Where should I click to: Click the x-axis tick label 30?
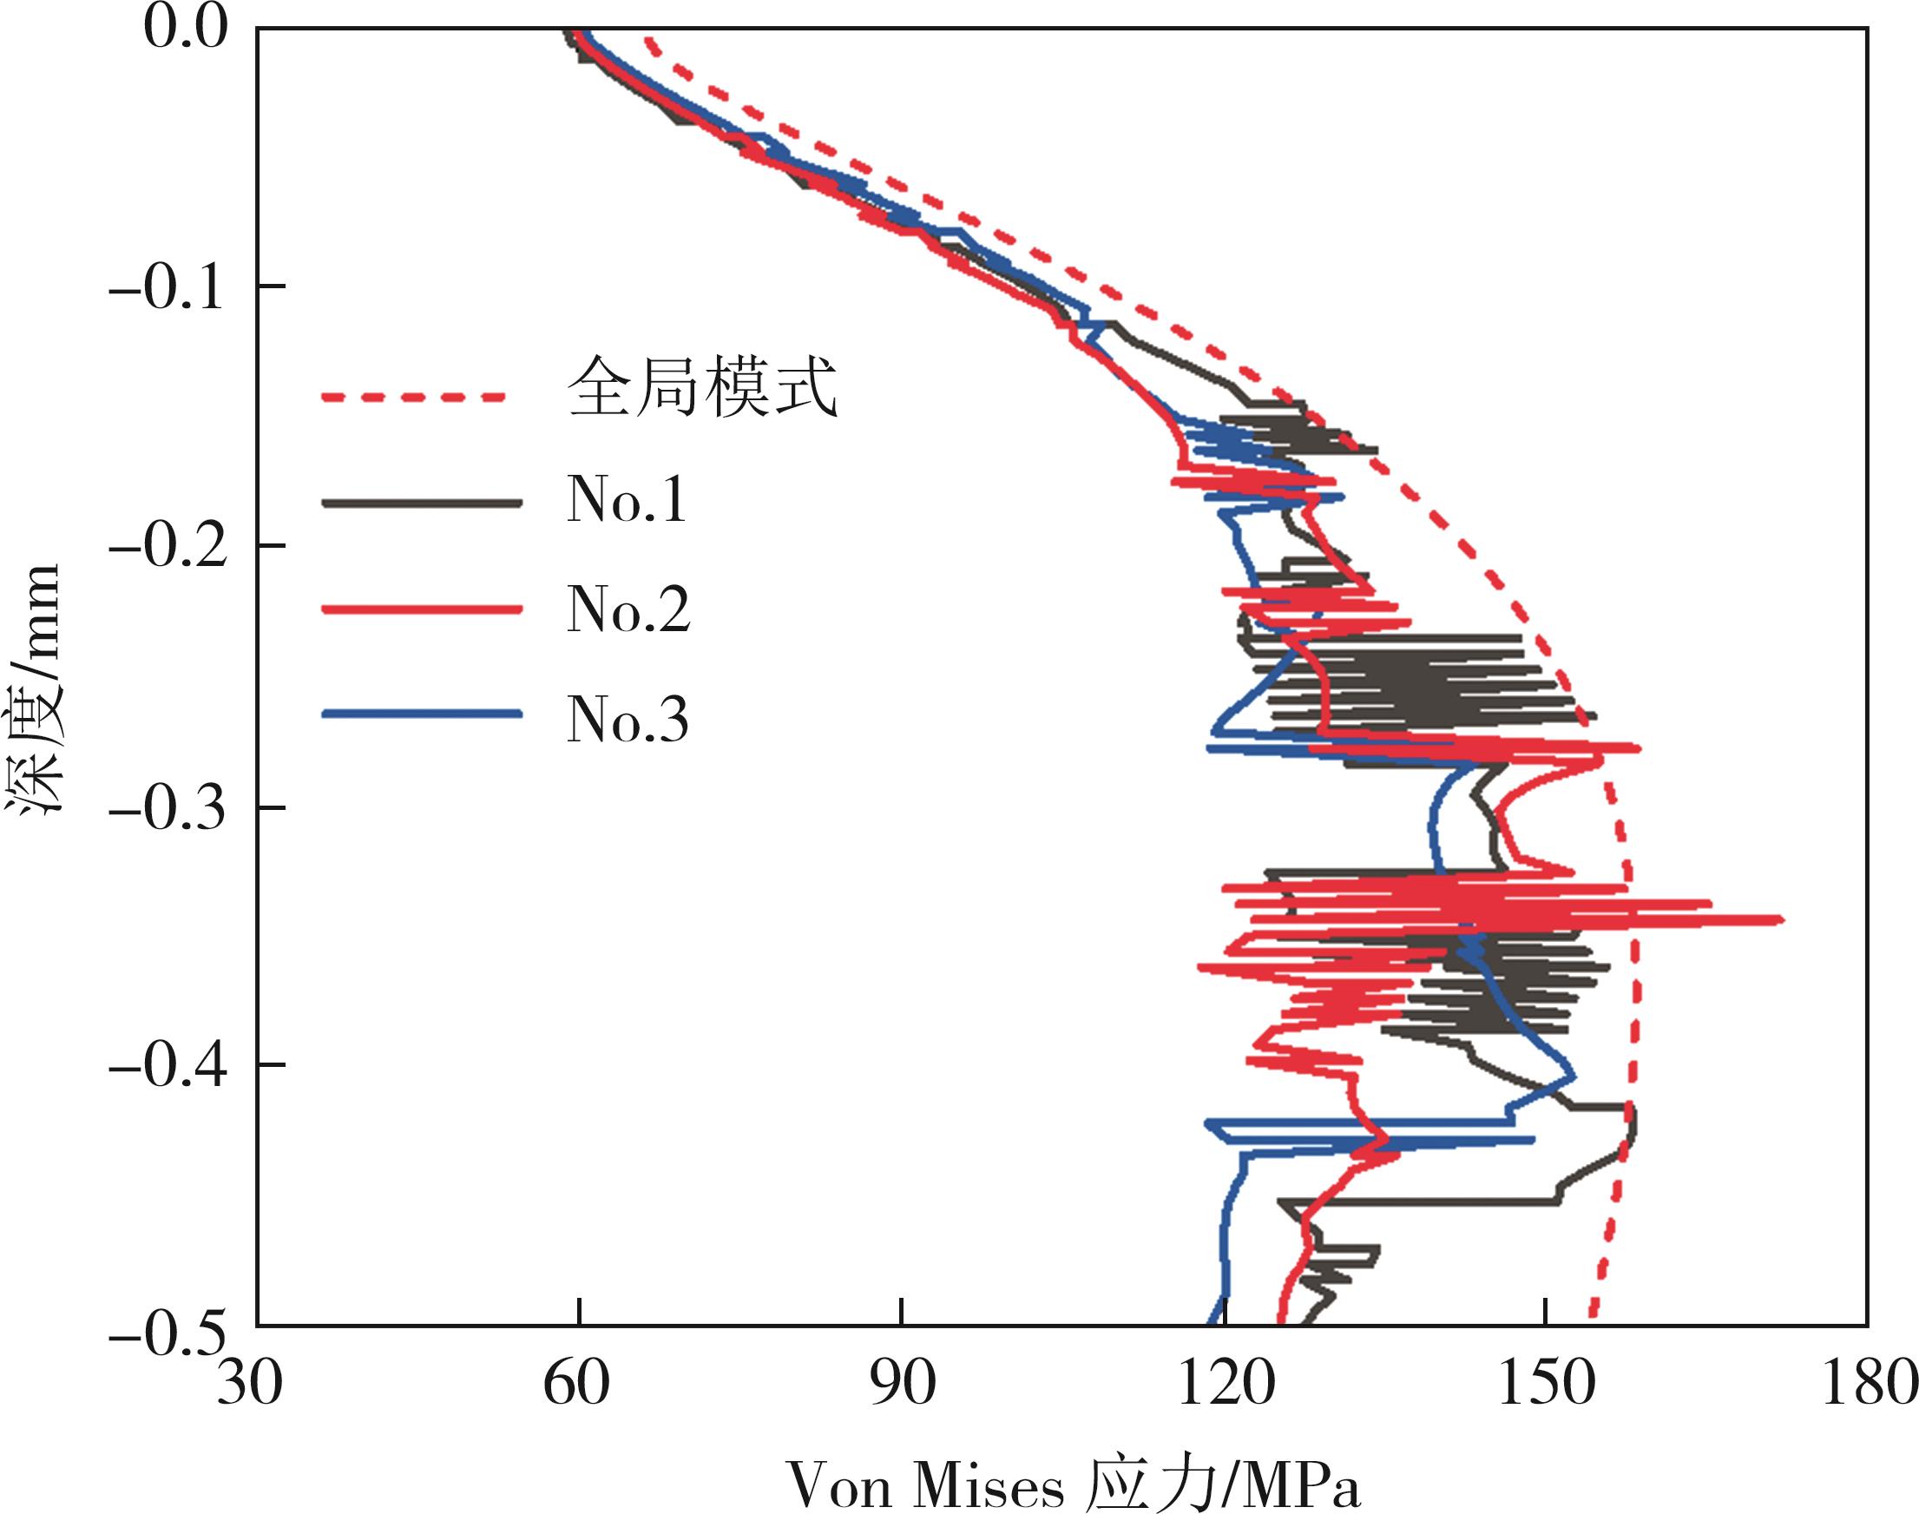250,1384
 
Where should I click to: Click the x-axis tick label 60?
576,1384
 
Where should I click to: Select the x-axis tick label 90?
902,1384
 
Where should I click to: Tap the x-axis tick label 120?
1224,1384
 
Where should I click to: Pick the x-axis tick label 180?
1869,1384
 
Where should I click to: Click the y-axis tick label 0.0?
185,29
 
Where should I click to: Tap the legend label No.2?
628,610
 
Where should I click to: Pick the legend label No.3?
628,719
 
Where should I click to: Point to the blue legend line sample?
422,714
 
